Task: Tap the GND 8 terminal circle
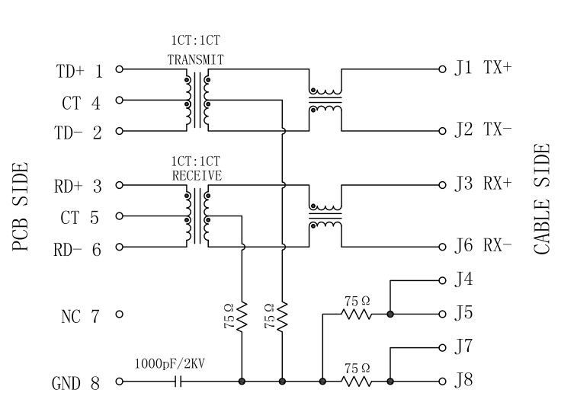[x=119, y=382]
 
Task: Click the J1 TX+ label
[x=483, y=68]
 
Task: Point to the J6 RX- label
[x=483, y=246]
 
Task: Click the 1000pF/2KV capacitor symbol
[x=180, y=382]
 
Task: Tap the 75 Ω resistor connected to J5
[x=357, y=314]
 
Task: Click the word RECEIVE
[x=196, y=174]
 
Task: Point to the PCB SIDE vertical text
[x=21, y=207]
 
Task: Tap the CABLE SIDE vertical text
[x=542, y=200]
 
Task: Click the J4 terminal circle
[x=441, y=280]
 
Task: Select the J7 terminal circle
[x=441, y=348]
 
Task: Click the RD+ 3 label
[x=79, y=185]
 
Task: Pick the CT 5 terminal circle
[x=119, y=216]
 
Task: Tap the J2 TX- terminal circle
[x=441, y=131]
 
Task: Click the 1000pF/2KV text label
[x=169, y=365]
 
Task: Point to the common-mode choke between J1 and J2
[x=325, y=100]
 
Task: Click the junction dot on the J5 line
[x=390, y=314]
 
